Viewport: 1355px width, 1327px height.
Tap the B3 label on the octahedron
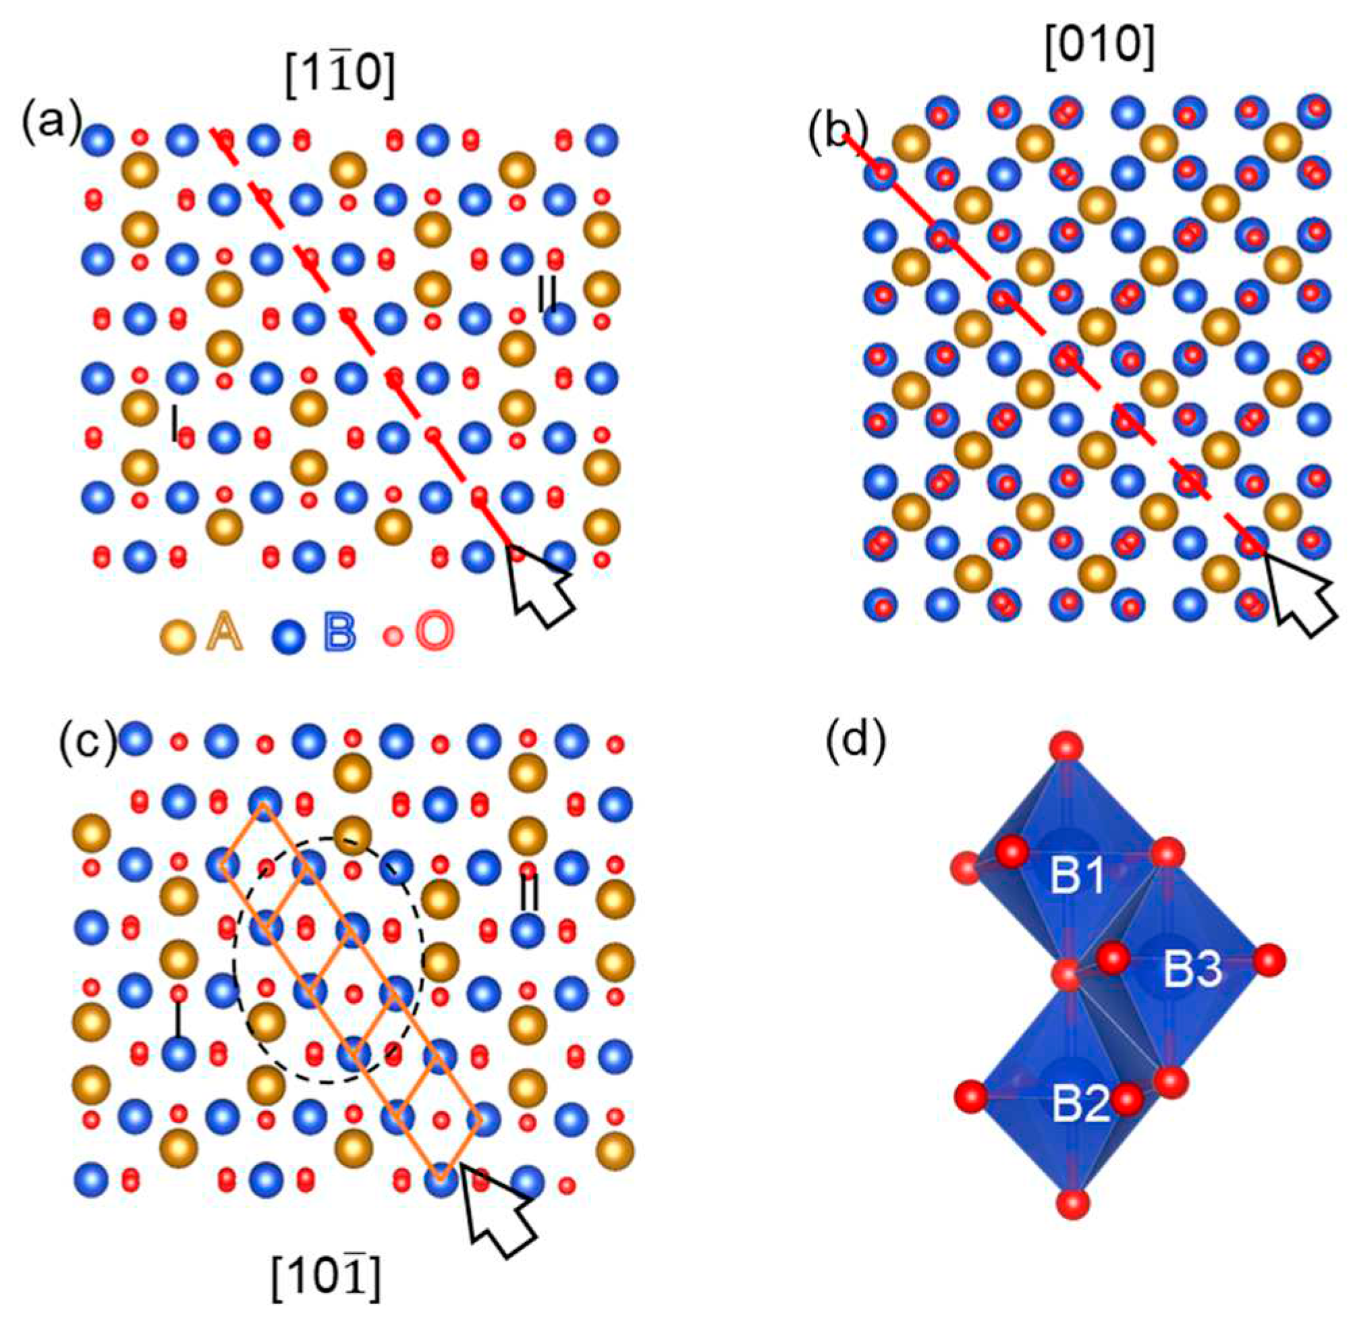tap(1192, 971)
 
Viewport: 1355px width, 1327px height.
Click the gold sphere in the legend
tap(177, 636)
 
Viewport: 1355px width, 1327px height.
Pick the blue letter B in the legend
tap(339, 633)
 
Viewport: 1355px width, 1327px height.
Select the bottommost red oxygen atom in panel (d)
tap(1072, 1222)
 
